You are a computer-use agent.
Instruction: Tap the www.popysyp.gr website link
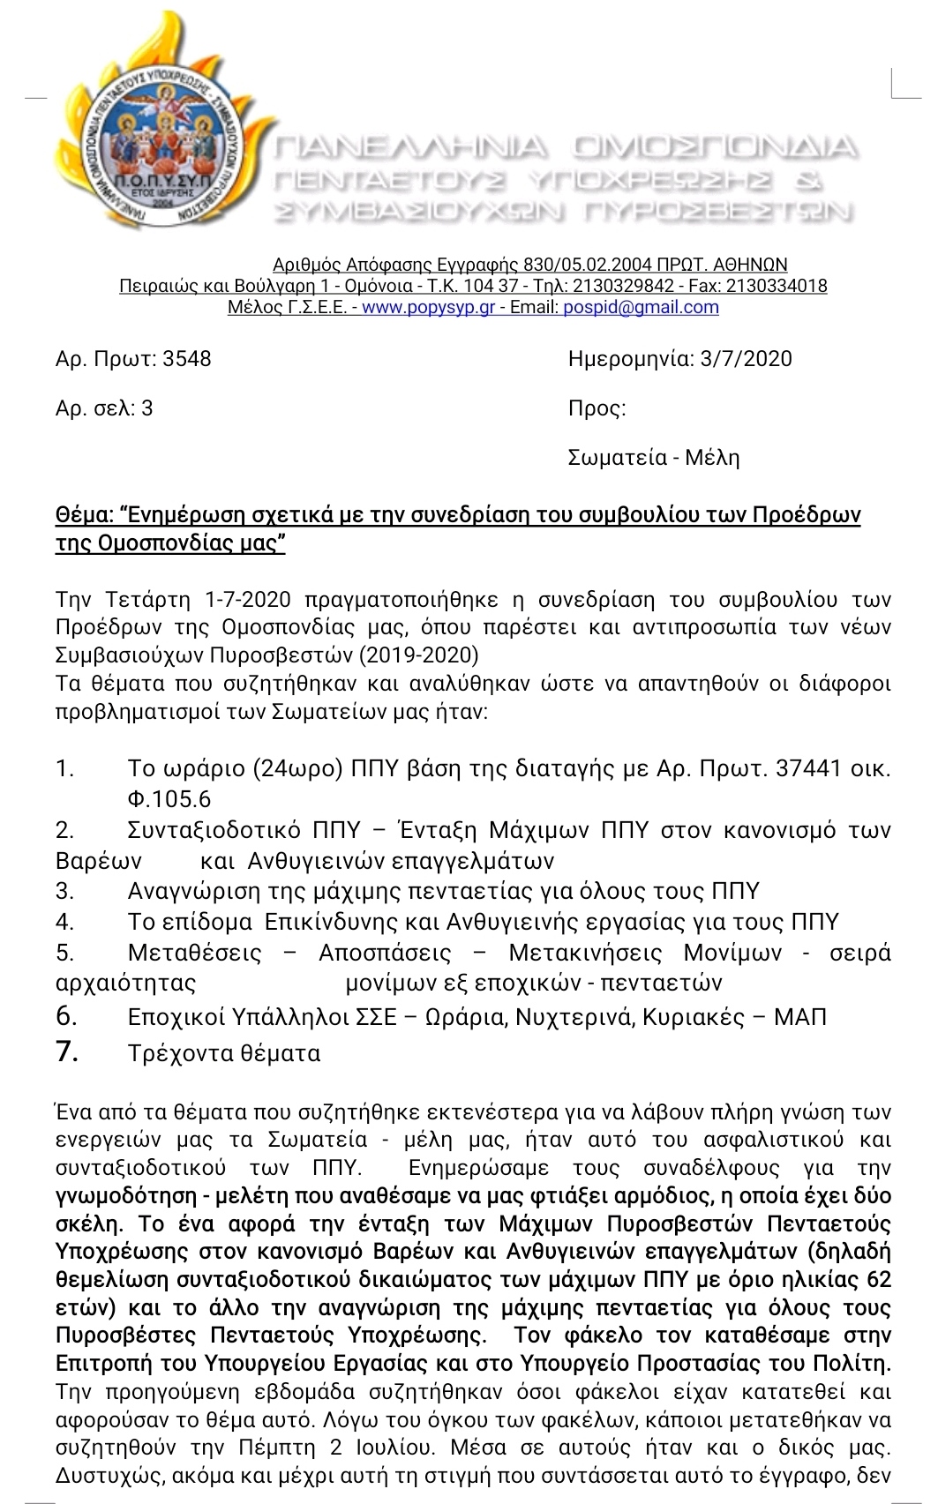[428, 308]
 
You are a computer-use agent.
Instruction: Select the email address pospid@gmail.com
[641, 308]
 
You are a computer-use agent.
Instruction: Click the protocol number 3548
[187, 359]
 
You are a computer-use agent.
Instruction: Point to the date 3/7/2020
[746, 359]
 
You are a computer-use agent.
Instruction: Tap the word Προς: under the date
[597, 408]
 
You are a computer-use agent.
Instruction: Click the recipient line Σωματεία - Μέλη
[654, 458]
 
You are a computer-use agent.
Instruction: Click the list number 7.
[67, 1051]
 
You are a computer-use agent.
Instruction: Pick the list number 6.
[67, 1016]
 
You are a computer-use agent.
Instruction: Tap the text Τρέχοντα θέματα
[224, 1053]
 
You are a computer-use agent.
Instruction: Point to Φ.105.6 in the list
[169, 799]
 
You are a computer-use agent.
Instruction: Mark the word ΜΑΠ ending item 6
[799, 1017]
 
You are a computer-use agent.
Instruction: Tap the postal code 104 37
[491, 287]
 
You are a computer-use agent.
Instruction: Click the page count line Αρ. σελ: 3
[104, 408]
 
